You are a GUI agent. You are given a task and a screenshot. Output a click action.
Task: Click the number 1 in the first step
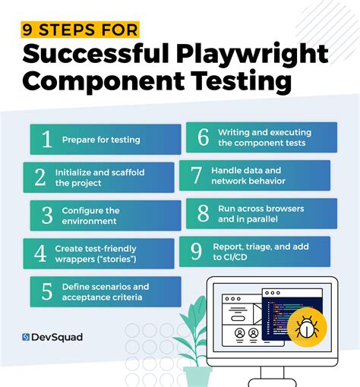46,140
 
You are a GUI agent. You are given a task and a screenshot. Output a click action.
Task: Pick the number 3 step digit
46,216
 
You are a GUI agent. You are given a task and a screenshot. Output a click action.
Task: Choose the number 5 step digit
46,291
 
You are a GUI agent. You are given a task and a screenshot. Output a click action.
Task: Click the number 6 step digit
202,137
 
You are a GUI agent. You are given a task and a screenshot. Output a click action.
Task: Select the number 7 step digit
195,175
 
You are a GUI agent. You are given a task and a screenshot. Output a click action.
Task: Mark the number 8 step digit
202,213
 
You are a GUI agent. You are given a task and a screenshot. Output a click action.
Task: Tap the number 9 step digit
195,251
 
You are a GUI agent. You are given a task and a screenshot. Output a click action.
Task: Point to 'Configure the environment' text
91,216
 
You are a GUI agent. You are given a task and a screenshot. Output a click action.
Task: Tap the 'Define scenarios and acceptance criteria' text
106,292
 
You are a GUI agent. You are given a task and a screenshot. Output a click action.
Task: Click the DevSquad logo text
55,337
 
